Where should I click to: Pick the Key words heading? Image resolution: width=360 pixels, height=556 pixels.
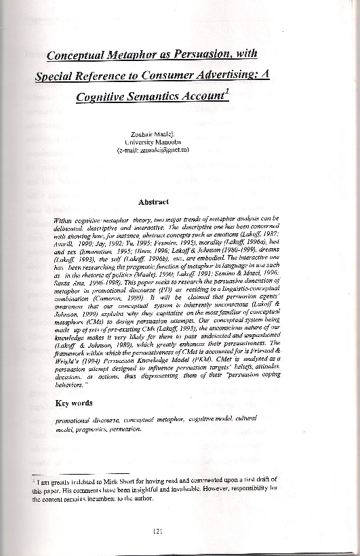pyautogui.click(x=73, y=403)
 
